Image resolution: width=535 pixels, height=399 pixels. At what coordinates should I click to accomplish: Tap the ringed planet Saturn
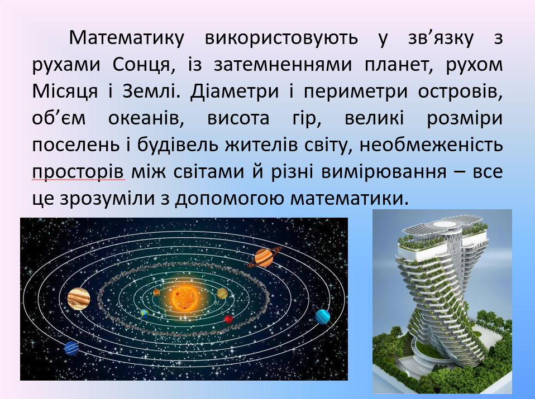click(264, 257)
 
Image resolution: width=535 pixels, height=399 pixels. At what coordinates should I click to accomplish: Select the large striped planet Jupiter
click(79, 299)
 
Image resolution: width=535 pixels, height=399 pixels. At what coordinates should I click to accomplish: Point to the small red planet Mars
click(228, 319)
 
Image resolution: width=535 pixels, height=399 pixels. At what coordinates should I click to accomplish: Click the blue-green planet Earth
click(144, 314)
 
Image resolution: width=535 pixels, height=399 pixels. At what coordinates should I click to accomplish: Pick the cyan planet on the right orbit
click(323, 316)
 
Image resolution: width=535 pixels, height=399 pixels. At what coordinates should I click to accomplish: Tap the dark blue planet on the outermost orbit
click(71, 348)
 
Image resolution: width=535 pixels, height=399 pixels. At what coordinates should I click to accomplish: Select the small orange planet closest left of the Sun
click(157, 291)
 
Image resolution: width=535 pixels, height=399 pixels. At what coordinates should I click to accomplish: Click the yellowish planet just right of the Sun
click(222, 294)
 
